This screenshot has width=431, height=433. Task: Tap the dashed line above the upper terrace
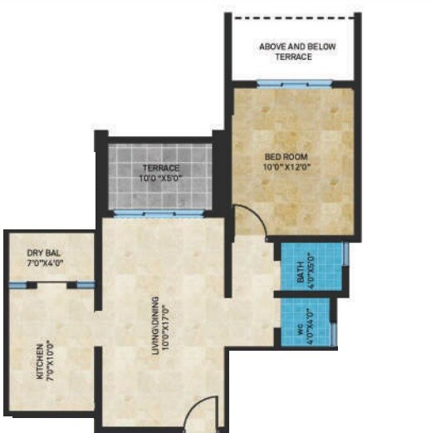click(296, 16)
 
